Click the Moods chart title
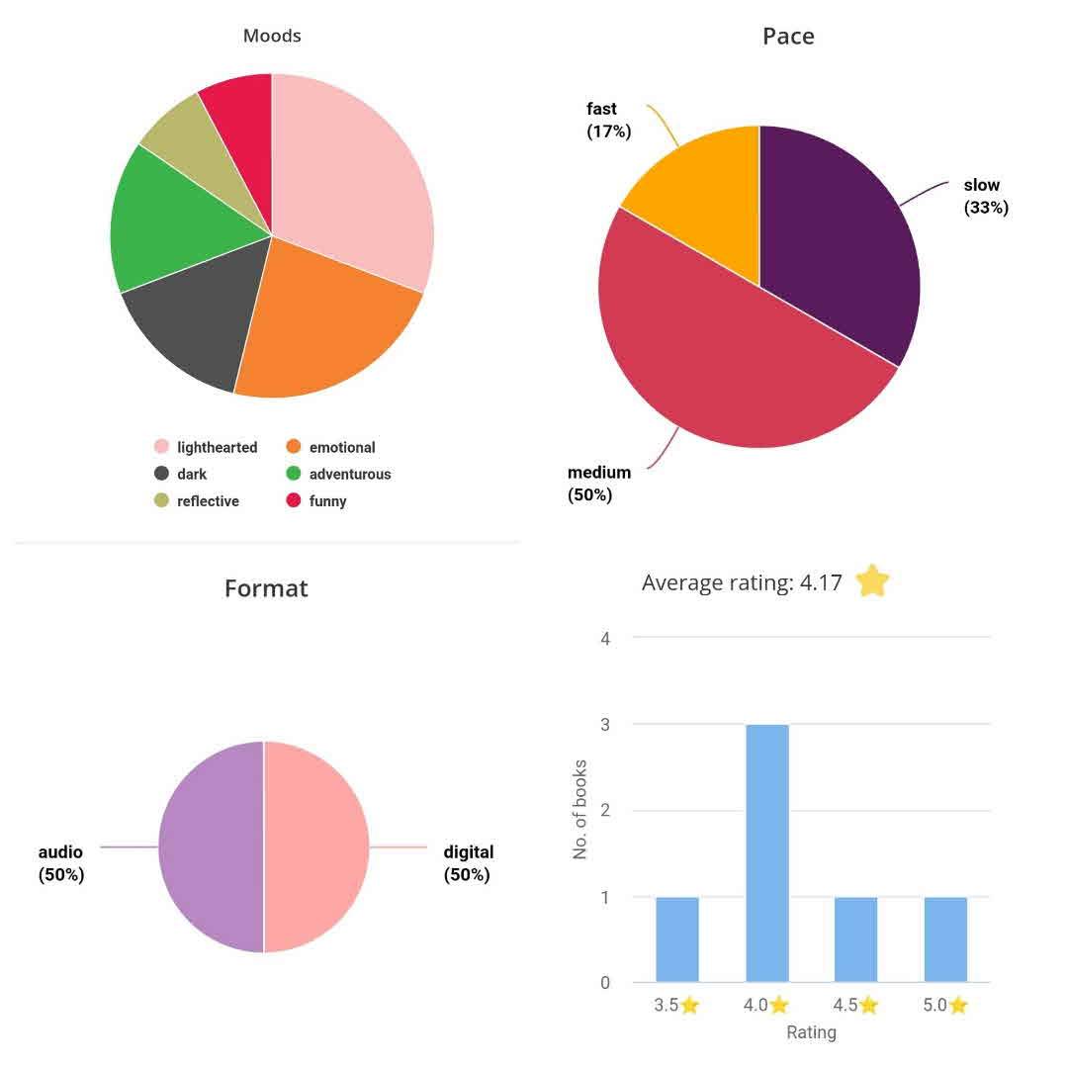coord(272,36)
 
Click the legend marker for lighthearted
coord(161,447)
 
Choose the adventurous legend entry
coord(349,475)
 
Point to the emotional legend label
coord(342,447)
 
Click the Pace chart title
coord(788,37)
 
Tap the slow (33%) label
coord(985,196)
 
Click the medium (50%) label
coord(598,484)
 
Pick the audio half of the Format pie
coord(211,846)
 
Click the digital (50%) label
coord(468,863)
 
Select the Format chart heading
coord(266,588)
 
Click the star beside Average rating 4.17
coord(872,581)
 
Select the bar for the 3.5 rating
coord(677,939)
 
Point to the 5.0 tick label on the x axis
coord(944,1006)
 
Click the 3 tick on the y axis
coord(605,724)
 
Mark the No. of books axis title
coord(580,809)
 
